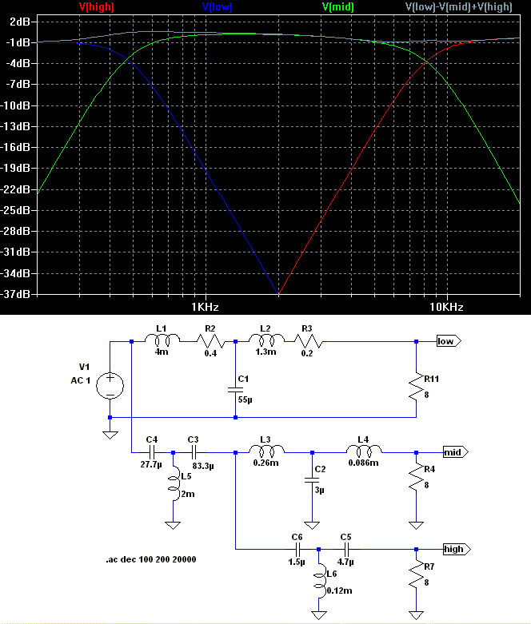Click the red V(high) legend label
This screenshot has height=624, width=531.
click(x=97, y=6)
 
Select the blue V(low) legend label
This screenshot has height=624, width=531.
click(x=217, y=6)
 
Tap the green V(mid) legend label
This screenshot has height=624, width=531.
click(x=337, y=6)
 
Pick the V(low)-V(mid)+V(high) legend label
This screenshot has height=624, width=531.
click(x=458, y=6)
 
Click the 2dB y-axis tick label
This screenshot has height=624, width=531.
click(x=20, y=22)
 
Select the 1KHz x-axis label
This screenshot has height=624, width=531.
click(x=205, y=307)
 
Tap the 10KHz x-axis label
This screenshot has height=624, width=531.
click(x=446, y=307)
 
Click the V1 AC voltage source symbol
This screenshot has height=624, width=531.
click(x=110, y=385)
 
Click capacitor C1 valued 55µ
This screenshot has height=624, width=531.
click(x=235, y=390)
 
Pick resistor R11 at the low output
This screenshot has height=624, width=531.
click(x=417, y=387)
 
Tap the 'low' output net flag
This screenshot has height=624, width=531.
click(x=449, y=341)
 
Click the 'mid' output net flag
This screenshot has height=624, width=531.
click(x=456, y=452)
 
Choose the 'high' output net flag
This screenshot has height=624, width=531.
click(x=457, y=549)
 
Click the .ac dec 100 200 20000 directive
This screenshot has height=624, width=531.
click(x=151, y=559)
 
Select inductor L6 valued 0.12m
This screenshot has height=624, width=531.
click(x=319, y=580)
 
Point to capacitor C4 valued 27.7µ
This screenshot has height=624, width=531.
click(x=152, y=452)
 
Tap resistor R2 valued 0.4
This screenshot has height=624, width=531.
click(x=210, y=341)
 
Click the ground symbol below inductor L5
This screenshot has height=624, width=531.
click(x=173, y=525)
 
